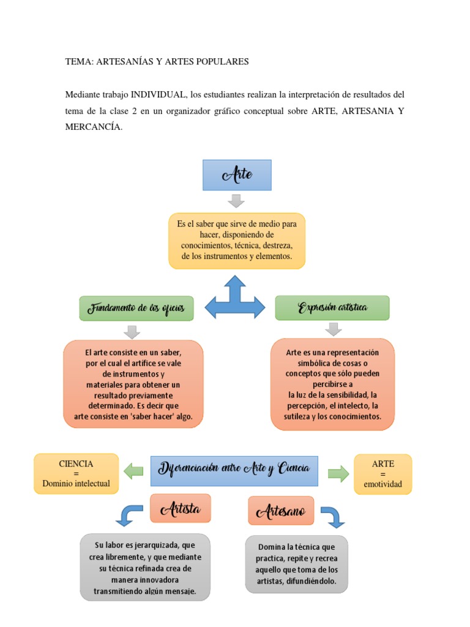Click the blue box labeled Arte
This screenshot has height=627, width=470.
click(x=237, y=175)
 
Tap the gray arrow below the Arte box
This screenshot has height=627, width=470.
click(x=236, y=200)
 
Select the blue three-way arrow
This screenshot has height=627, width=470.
click(x=235, y=298)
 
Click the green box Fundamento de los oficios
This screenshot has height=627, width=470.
click(x=136, y=308)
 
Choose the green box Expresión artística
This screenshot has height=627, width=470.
click(x=332, y=307)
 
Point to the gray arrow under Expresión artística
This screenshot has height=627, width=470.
click(x=332, y=329)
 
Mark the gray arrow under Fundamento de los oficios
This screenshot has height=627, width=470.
click(x=132, y=331)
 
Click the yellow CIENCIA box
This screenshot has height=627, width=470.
click(x=76, y=473)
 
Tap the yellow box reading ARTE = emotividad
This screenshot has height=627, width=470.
click(x=383, y=474)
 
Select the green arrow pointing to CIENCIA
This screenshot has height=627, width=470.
click(x=133, y=471)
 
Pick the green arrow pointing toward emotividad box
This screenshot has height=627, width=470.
click(x=338, y=473)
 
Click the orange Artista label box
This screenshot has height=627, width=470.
click(x=181, y=508)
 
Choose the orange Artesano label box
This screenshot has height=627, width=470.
click(x=281, y=511)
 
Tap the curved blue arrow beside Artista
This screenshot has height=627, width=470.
click(x=129, y=514)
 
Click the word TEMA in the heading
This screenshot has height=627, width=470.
click(x=78, y=62)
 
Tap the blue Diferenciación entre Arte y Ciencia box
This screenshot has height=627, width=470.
click(x=234, y=470)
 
